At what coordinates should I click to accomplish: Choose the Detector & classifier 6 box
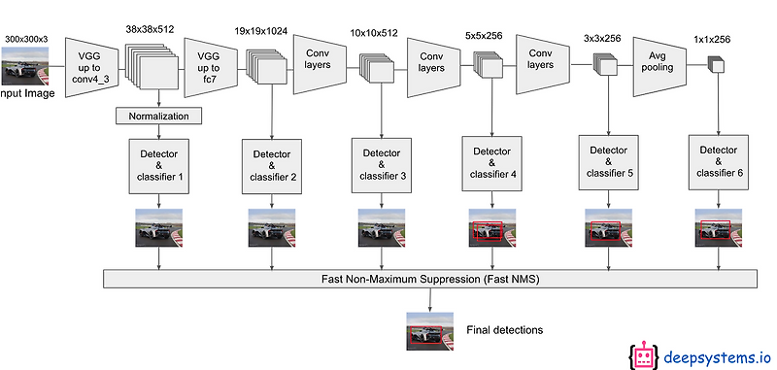[716, 162]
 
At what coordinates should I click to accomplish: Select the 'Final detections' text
[504, 330]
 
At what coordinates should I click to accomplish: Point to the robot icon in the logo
[643, 356]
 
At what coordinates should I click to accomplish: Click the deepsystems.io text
[715, 356]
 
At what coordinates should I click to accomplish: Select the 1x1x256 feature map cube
[717, 65]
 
